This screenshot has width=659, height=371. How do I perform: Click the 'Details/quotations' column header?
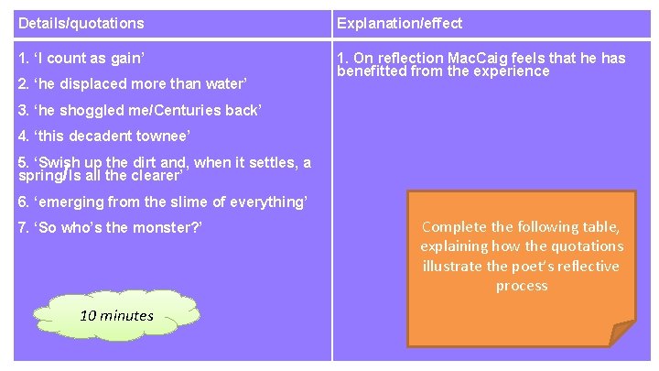click(x=81, y=23)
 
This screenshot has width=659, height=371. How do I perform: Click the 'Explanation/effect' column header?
click(x=399, y=23)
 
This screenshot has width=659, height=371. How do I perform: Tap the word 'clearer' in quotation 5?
click(x=157, y=174)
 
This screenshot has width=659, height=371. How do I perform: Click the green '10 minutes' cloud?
click(x=117, y=315)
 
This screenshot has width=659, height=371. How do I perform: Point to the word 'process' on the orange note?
click(x=522, y=286)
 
